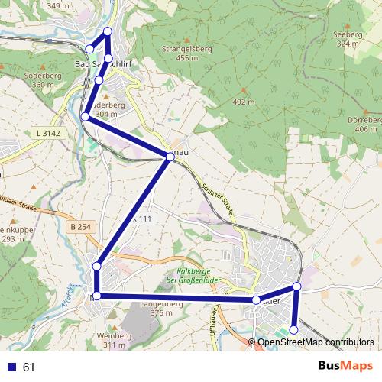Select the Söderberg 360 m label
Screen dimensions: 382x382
pyautogui.click(x=43, y=80)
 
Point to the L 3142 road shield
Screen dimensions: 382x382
pyautogui.click(x=47, y=133)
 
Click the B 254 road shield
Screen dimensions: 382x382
pyautogui.click(x=80, y=227)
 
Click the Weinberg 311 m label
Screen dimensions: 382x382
pyautogui.click(x=114, y=340)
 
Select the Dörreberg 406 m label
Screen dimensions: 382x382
pyautogui.click(x=364, y=125)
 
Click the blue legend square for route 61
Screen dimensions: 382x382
pyautogui.click(x=11, y=367)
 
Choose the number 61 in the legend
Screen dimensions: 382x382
pyautogui.click(x=30, y=367)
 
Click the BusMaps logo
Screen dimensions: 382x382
pyautogui.click(x=346, y=367)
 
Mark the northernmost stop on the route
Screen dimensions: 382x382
pyautogui.click(x=107, y=31)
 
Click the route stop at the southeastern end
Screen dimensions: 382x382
pyautogui.click(x=294, y=329)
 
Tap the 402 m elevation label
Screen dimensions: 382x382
pyautogui.click(x=243, y=102)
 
